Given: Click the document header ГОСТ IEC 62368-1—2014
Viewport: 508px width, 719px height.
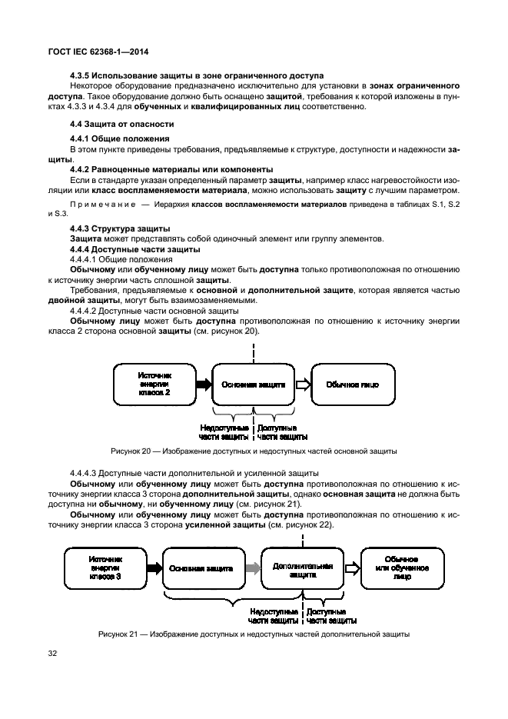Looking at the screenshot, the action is coord(98,52).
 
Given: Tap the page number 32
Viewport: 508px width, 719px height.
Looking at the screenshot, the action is coord(52,653).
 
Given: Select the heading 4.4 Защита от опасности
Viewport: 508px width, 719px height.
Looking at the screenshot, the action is coord(122,125).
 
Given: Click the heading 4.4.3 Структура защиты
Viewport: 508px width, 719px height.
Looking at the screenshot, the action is coord(120,228).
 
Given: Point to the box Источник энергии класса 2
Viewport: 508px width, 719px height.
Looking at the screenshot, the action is coord(154,384).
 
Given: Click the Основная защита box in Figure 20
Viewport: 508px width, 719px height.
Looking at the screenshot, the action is coord(254,384).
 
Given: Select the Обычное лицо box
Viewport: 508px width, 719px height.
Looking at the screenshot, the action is coord(353,384).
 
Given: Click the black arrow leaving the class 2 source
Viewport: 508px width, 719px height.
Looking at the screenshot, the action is coord(204,384).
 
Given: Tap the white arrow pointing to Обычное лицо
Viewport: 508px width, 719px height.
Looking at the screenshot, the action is coord(304,384).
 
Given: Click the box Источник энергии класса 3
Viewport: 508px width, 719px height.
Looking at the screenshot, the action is coord(105,568).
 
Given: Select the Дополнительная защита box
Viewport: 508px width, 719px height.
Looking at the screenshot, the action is coord(303,568).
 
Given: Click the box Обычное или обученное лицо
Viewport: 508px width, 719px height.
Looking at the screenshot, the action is coord(402,568).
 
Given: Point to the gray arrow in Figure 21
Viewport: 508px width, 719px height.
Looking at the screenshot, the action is coord(254,568).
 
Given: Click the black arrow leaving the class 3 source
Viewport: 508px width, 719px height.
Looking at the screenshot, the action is coord(154,568).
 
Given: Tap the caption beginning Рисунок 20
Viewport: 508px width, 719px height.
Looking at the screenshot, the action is coord(254,451).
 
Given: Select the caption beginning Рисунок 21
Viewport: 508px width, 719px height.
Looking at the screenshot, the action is coord(254,634).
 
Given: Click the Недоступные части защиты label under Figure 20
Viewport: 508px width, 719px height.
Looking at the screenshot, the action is coord(224,432).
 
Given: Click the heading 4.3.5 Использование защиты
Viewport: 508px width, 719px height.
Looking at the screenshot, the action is coord(197,75).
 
